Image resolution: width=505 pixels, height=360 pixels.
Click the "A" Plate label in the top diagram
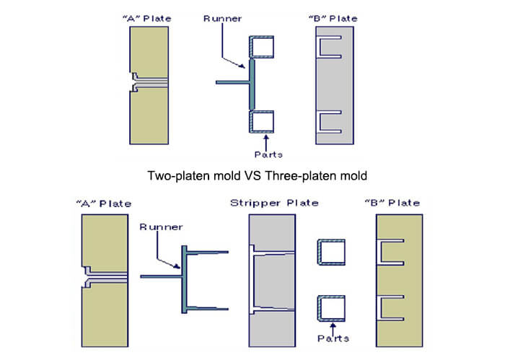point(147,19)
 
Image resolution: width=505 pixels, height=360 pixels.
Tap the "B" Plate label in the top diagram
point(333,19)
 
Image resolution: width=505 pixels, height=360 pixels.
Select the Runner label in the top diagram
point(222,19)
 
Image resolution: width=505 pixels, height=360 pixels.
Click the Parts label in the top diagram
point(268,154)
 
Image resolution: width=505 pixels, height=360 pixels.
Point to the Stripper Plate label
point(274,203)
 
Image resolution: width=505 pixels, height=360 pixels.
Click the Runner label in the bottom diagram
point(161,227)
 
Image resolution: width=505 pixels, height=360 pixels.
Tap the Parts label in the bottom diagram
point(333,338)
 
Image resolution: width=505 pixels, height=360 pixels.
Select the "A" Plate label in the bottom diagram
point(104,204)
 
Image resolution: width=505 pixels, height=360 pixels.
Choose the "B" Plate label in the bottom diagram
point(392,203)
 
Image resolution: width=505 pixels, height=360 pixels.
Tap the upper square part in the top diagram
point(261,47)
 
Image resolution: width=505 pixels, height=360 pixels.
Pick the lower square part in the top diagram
point(261,122)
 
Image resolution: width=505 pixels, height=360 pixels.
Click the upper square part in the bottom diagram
point(331,252)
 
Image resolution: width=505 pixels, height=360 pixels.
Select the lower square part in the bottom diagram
point(331,309)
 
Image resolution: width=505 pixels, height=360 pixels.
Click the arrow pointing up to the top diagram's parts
point(266,143)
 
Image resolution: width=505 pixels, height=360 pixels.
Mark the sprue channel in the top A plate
point(150,82)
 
